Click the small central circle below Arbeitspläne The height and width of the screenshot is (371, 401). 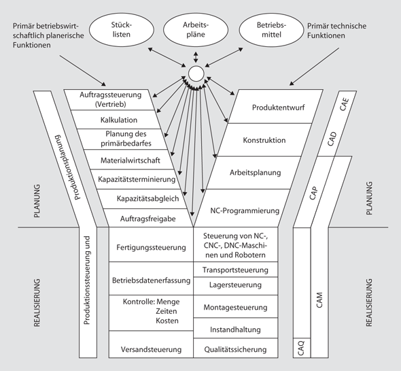196,74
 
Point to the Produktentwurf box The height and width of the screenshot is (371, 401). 272,108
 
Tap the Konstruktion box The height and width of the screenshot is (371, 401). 264,140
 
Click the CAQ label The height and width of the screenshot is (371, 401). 301,349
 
